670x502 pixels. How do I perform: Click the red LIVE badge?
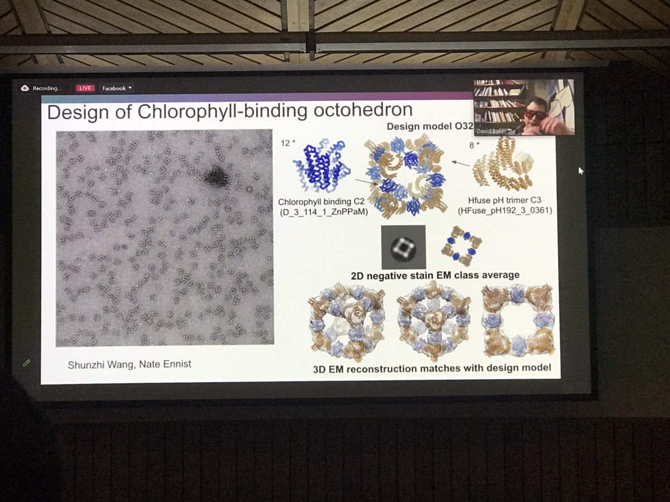[x=85, y=88]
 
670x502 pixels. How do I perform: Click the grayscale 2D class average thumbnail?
[x=403, y=247]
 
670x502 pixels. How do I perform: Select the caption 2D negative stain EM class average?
[x=435, y=275]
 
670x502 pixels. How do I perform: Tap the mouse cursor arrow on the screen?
[x=581, y=171]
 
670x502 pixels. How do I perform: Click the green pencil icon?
[x=26, y=363]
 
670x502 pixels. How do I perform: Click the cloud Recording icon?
[x=25, y=88]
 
